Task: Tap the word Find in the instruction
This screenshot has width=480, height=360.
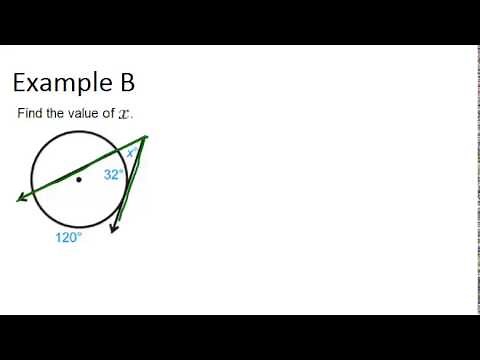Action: [x=28, y=113]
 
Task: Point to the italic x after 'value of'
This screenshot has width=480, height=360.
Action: [x=124, y=114]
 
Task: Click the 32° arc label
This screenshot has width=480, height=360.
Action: [x=113, y=174]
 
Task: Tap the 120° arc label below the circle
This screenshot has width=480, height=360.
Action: [x=68, y=238]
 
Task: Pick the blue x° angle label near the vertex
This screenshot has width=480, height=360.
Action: [x=131, y=153]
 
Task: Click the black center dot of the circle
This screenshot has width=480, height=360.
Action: [x=79, y=180]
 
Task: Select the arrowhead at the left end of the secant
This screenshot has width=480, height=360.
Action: [x=21, y=199]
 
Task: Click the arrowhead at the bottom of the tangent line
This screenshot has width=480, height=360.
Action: [x=114, y=229]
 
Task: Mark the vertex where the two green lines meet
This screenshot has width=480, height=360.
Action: [x=145, y=137]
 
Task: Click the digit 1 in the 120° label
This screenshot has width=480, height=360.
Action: [x=59, y=238]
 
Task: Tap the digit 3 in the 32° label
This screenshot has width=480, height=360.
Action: [x=107, y=174]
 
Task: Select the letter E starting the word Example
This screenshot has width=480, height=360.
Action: [x=20, y=82]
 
